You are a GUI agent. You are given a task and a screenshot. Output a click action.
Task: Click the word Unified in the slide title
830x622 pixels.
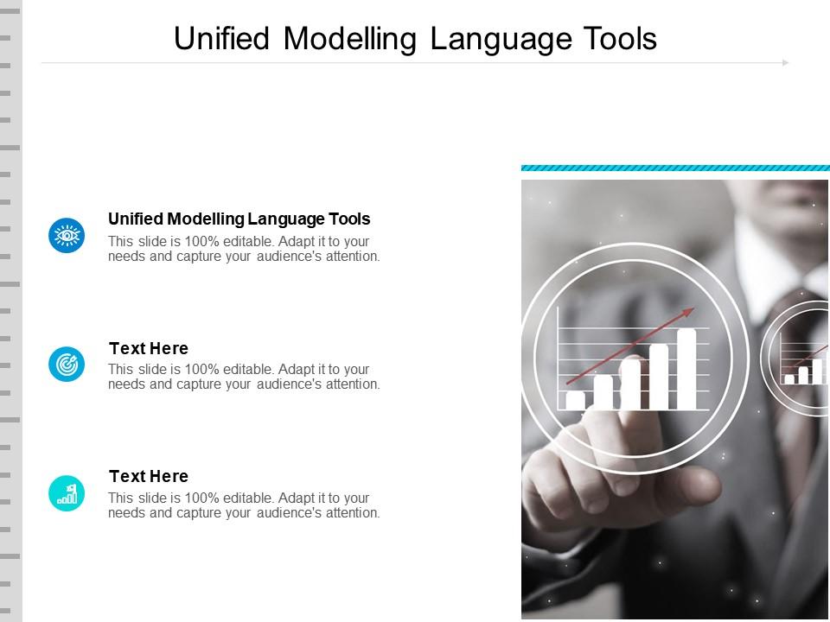coord(222,39)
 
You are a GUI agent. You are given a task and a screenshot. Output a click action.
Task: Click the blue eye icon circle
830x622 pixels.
coord(67,235)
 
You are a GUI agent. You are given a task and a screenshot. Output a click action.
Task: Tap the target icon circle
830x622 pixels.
coord(67,364)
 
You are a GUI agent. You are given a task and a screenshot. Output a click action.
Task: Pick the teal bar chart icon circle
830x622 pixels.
coord(67,493)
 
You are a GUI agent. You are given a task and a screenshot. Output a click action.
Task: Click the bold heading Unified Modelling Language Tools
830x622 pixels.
coord(239,219)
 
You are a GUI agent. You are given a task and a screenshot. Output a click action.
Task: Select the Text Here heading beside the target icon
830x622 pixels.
coord(149,348)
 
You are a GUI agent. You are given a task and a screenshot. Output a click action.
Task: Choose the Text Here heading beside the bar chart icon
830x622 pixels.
coord(149,477)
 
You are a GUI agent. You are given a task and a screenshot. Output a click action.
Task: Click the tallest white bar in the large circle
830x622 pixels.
coord(686,369)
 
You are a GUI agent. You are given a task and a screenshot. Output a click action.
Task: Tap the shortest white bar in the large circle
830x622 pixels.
coord(576,400)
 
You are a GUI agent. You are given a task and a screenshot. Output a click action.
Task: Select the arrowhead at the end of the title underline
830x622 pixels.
coord(786,63)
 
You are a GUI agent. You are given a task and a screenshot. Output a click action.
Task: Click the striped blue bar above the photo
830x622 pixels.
coord(675,168)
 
